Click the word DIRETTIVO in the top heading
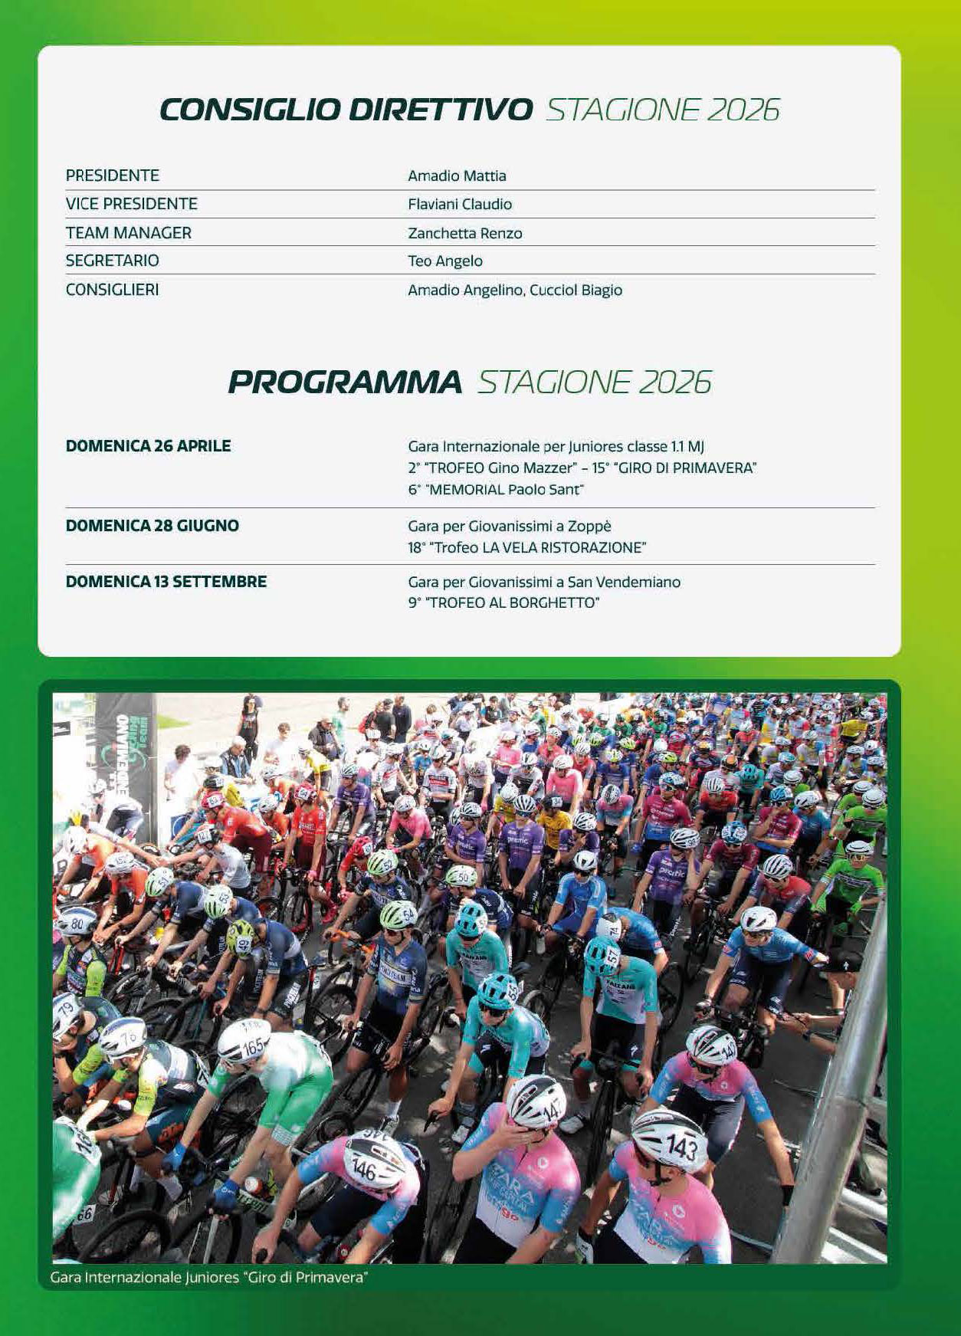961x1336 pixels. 440,110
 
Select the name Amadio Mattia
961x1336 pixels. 457,176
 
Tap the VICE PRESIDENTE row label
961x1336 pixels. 132,204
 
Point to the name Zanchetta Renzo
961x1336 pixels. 464,233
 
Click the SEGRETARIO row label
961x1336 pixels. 113,261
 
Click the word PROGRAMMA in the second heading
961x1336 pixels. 346,382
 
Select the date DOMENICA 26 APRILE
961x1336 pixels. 148,446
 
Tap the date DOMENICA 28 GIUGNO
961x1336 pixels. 152,526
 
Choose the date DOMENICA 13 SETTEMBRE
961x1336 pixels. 166,582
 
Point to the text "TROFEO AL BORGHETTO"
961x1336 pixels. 512,602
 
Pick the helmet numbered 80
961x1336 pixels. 75,921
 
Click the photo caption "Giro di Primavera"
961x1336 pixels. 307,1278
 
